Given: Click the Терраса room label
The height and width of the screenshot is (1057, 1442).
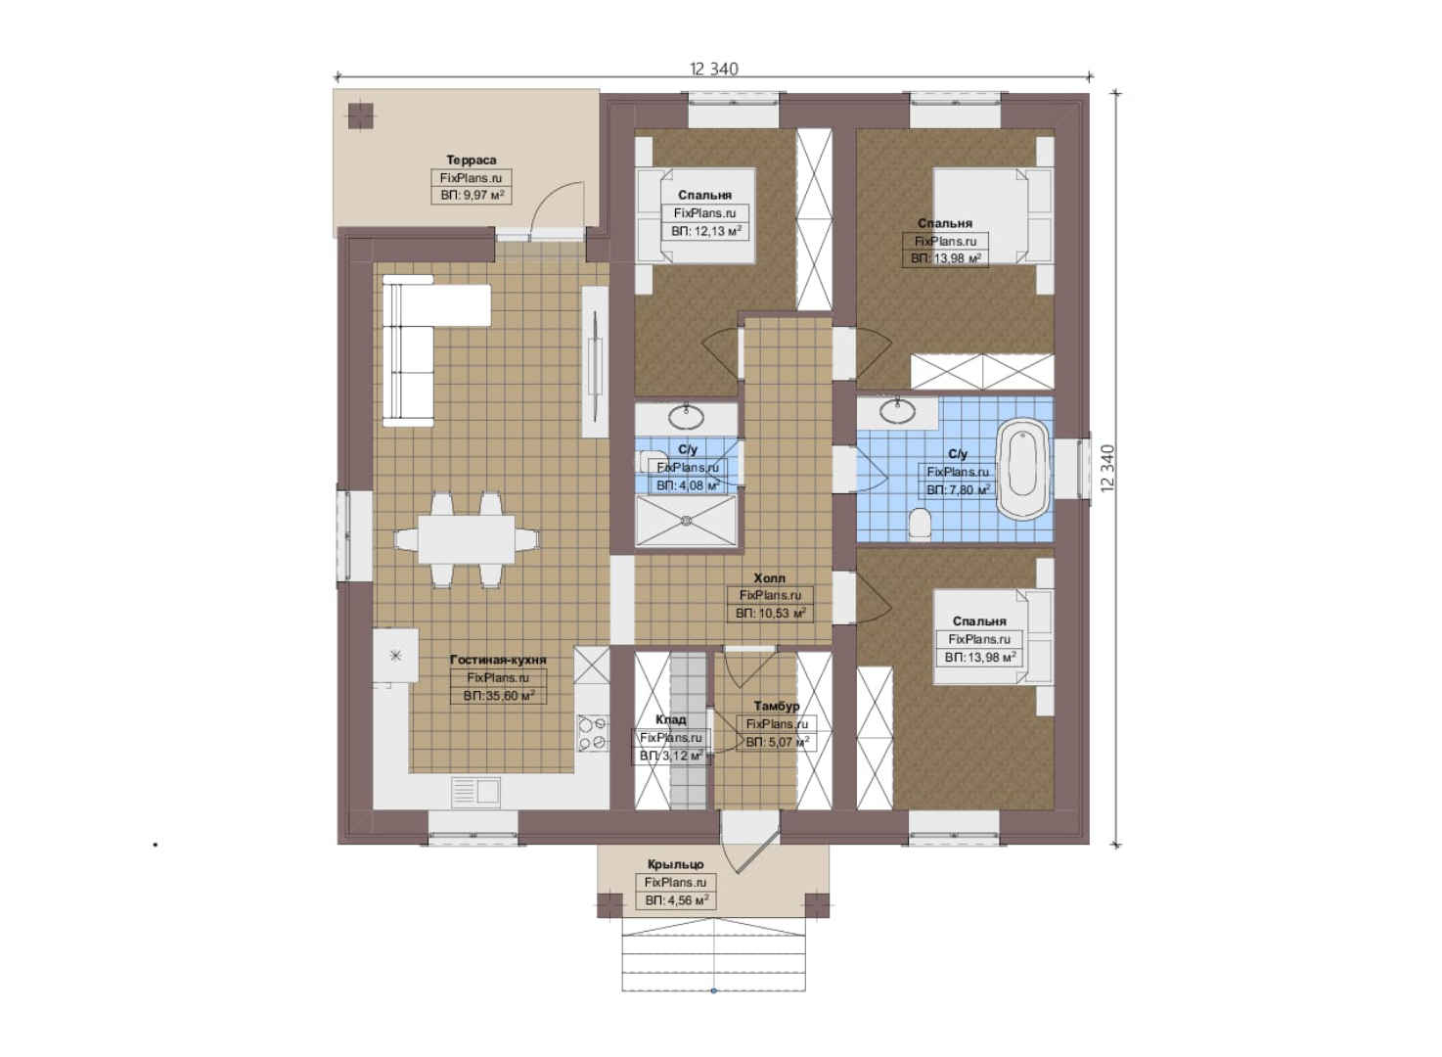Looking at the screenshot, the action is (472, 160).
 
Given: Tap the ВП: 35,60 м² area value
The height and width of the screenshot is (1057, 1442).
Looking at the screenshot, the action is (499, 696).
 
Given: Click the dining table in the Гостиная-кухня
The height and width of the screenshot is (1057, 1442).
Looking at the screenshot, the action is (467, 539).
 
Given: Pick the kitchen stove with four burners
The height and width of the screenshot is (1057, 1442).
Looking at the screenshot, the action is (592, 734).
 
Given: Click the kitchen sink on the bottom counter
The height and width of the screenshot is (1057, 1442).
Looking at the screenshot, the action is (475, 792).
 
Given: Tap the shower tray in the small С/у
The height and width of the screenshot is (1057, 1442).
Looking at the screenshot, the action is (686, 521).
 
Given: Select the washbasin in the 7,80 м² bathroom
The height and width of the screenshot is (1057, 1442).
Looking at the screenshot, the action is (898, 410).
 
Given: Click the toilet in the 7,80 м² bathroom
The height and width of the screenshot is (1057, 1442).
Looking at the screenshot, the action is (921, 523).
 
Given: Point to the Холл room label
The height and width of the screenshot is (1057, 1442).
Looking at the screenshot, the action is (769, 577).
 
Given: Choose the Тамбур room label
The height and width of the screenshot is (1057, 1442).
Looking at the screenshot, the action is (777, 707).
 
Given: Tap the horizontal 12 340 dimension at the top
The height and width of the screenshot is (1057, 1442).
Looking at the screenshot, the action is (714, 69).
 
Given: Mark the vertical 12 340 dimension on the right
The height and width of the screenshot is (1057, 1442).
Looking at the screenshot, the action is (1106, 469).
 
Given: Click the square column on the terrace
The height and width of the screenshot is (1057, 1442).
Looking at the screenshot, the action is (361, 115).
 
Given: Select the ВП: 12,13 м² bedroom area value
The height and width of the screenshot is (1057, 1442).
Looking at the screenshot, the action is (706, 231).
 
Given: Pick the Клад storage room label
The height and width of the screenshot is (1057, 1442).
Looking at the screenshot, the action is (671, 719).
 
